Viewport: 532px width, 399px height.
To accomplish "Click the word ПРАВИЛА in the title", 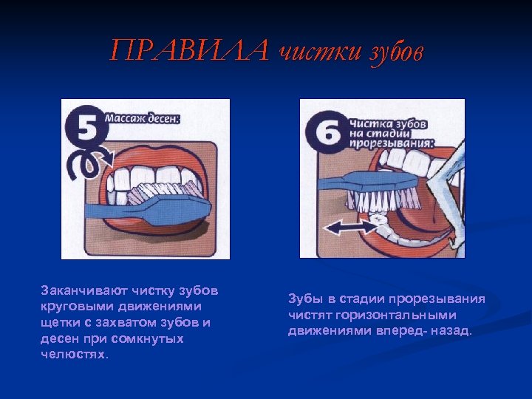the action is click(x=189, y=50).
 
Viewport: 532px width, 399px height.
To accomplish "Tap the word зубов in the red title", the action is click(x=396, y=52).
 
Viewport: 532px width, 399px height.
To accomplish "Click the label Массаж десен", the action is click(x=142, y=119).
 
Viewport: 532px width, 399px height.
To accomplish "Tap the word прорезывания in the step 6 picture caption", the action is click(x=391, y=143).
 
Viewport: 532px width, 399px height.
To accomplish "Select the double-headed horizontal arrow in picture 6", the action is click(x=350, y=227).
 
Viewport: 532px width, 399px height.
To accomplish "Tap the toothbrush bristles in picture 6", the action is click(x=383, y=200).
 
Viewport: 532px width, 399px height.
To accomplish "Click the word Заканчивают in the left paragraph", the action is click(x=83, y=290).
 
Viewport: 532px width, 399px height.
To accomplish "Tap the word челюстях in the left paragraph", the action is click(x=72, y=354).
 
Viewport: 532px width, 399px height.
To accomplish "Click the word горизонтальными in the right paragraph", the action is click(x=396, y=316).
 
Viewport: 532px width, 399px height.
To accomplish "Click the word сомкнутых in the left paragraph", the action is click(x=147, y=338).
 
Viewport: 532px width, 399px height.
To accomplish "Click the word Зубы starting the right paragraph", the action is click(x=304, y=299).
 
